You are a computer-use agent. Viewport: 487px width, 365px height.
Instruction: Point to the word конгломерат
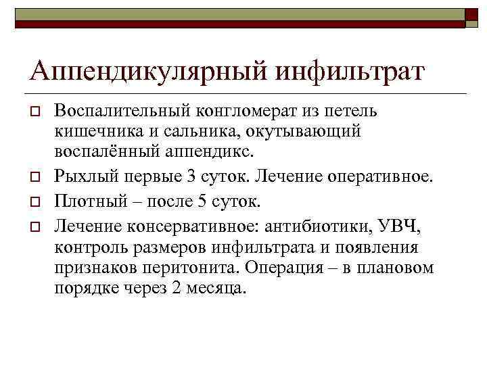231,109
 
